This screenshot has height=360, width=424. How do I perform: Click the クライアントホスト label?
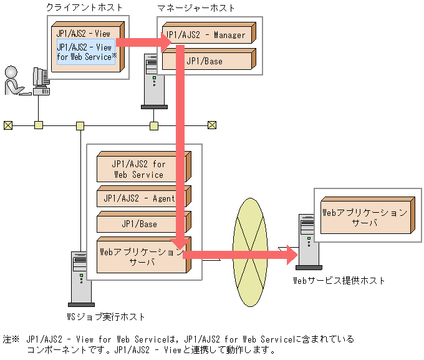84,7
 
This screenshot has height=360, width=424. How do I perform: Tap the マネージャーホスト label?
196,8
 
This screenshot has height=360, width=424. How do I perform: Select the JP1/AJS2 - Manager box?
209,32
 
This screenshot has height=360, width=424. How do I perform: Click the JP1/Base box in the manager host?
209,59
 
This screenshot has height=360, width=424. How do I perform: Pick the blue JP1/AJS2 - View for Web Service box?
86,52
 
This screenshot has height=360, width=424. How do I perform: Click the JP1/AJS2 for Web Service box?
144,167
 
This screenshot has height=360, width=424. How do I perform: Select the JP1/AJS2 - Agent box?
144,197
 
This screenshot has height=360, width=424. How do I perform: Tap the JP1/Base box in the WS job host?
144,222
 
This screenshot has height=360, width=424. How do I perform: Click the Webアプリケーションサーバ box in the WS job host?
144,255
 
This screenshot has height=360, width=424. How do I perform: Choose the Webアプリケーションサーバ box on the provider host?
368,215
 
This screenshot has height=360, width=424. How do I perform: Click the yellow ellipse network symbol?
250,252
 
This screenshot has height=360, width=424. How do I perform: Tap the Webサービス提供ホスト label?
339,280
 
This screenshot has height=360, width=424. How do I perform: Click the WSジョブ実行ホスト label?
106,317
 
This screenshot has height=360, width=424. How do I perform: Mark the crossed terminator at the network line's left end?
8,125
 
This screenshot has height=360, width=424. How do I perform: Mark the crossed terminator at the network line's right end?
212,125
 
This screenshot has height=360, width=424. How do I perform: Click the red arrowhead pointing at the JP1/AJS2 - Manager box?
166,42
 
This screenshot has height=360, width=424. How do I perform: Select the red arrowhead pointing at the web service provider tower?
292,255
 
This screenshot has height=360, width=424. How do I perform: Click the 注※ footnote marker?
11,339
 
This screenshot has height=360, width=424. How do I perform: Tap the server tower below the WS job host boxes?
81,279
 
